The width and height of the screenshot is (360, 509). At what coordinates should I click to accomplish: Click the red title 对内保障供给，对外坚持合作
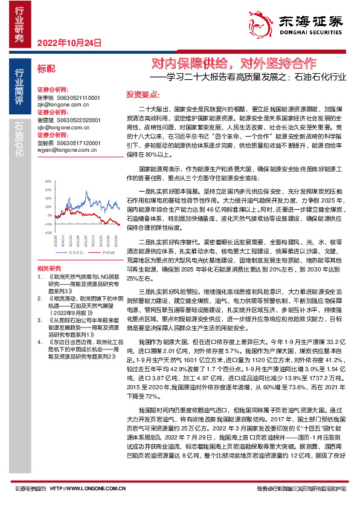[x=233, y=64]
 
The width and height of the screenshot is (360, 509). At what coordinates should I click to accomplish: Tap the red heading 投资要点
[x=142, y=95]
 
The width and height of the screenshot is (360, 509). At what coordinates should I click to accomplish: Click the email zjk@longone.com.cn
[x=63, y=103]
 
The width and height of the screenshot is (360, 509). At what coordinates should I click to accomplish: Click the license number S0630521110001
[x=79, y=97]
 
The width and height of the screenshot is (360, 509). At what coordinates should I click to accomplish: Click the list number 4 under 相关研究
[x=39, y=341]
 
